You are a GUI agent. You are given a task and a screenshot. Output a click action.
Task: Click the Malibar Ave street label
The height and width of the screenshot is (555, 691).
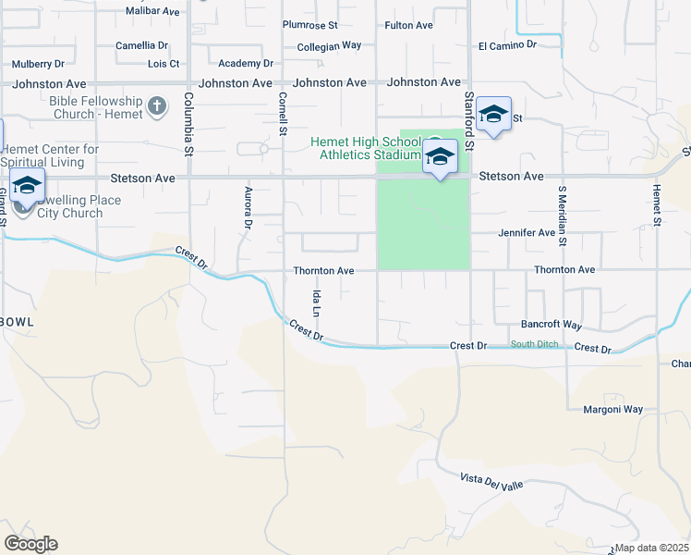click(152, 11)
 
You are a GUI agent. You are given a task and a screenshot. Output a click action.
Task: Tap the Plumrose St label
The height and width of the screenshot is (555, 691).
click(309, 25)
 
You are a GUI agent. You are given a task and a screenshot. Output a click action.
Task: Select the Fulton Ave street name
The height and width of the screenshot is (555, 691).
click(408, 25)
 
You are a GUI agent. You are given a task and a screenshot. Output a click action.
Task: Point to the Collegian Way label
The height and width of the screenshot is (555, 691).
click(329, 45)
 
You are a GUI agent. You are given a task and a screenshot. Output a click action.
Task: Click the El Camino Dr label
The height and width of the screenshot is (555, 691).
click(507, 44)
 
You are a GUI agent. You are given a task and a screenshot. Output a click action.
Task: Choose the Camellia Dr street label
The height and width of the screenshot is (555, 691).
click(141, 44)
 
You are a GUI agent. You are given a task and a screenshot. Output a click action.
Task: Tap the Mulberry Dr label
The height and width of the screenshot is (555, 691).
click(38, 64)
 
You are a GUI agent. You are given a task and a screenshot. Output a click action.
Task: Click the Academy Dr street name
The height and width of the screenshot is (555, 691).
click(246, 64)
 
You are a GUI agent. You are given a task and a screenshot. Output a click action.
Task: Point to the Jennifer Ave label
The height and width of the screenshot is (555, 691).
click(527, 233)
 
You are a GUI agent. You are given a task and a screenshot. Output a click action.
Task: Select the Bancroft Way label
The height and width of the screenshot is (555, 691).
click(552, 326)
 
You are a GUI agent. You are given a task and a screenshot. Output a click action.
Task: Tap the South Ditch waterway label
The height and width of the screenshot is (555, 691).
click(534, 345)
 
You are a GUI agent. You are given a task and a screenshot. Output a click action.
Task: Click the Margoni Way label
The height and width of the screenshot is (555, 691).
click(612, 409)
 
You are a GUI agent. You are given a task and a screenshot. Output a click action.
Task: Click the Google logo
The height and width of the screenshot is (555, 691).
click(30, 544)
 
